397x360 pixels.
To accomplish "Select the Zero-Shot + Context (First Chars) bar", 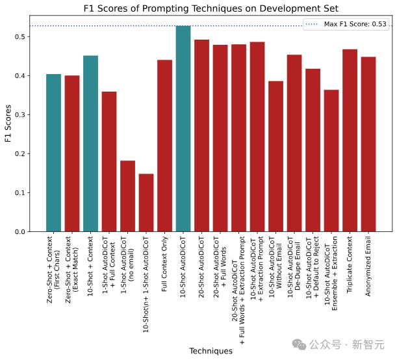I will pos(53,153).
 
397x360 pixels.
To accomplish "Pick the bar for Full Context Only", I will pos(165,146).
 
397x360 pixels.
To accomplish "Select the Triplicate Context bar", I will pos(350,140).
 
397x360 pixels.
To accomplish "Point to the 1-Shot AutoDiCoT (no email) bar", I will pos(128,196).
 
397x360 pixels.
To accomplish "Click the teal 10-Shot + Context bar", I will pos(90,144).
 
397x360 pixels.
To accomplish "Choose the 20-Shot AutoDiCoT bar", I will pos(202,136).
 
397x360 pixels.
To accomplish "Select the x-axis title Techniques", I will pos(211,351).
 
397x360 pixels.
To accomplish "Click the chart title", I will pos(211,8).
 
